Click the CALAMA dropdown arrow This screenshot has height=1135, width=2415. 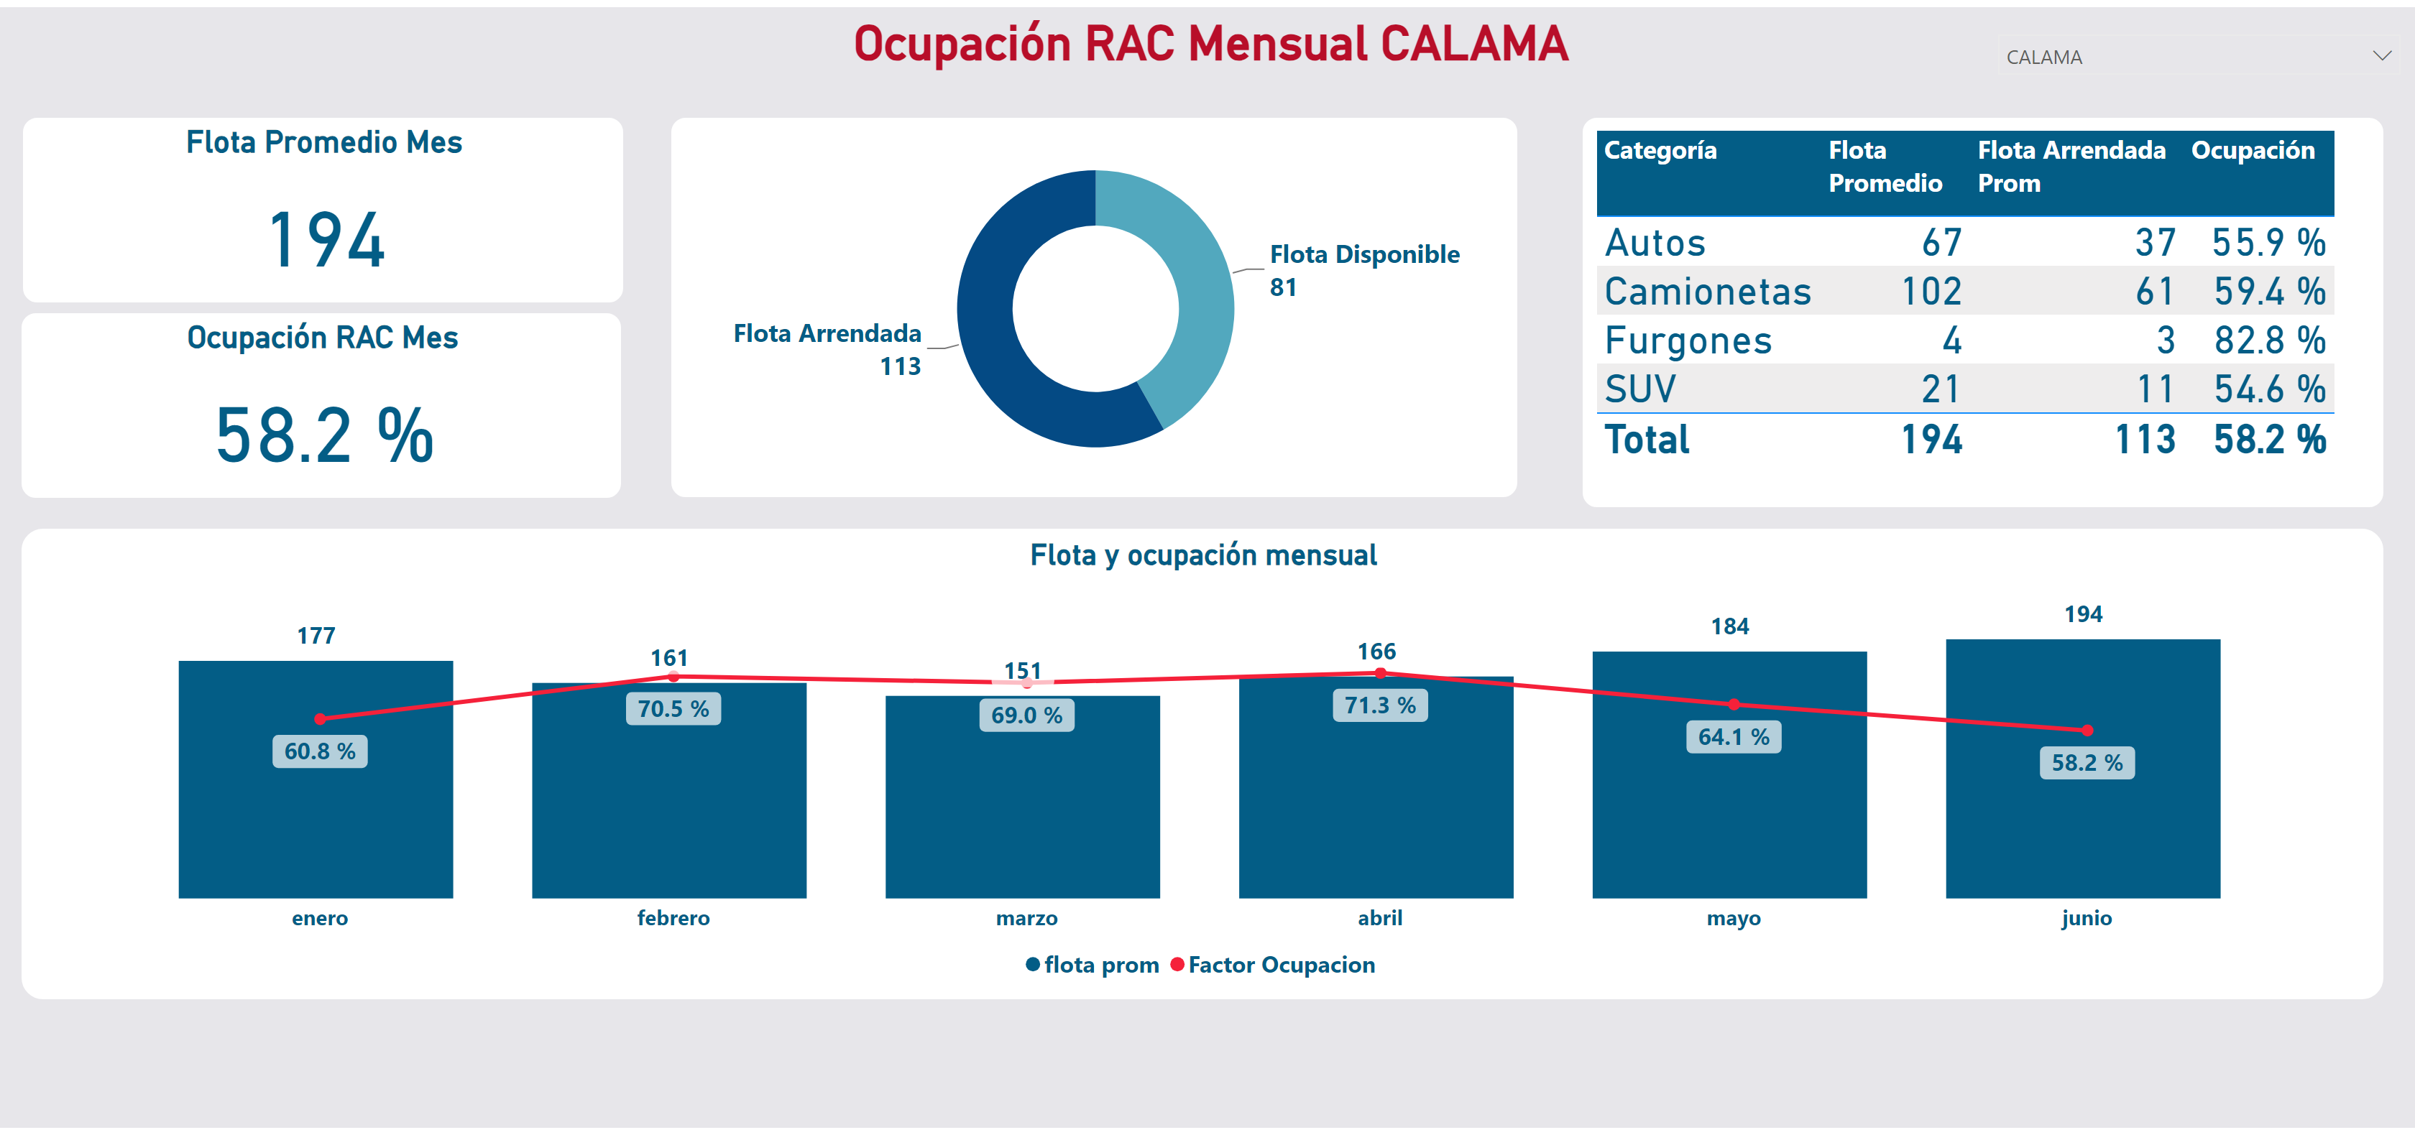point(2381,56)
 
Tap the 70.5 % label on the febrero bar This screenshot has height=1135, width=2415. point(673,708)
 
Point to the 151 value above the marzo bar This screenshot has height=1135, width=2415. point(1023,670)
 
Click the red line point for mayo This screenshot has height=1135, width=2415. point(1734,704)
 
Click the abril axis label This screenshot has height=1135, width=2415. point(1380,917)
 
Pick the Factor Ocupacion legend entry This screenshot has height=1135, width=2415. point(1272,965)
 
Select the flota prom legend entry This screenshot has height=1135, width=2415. point(1092,965)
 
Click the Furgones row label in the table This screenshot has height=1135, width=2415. point(1688,340)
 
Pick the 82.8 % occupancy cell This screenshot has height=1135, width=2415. point(2270,340)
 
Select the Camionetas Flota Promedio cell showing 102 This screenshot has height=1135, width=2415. point(1931,292)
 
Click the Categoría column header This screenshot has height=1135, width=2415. point(1660,150)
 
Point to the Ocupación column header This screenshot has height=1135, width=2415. point(2253,150)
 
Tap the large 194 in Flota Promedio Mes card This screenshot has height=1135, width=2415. point(326,240)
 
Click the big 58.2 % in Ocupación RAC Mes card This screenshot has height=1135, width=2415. point(324,436)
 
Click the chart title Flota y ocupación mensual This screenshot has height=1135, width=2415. point(1204,555)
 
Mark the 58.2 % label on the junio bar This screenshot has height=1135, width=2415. point(2087,763)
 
